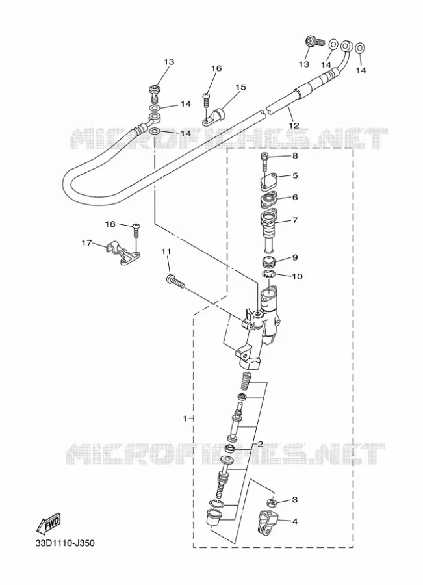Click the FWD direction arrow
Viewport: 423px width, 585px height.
click(48, 524)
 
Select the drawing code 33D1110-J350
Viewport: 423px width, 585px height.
click(64, 543)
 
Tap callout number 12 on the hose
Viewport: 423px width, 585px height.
click(294, 125)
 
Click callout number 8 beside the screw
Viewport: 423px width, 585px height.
click(295, 156)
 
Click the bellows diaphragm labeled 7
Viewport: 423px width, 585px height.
click(269, 231)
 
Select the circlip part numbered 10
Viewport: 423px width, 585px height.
click(268, 276)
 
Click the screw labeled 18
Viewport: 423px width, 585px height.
click(136, 231)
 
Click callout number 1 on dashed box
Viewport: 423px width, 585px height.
click(185, 419)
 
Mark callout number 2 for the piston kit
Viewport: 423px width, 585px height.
click(260, 443)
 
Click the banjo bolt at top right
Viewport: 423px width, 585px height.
click(313, 43)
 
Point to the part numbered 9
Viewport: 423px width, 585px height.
click(268, 263)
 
